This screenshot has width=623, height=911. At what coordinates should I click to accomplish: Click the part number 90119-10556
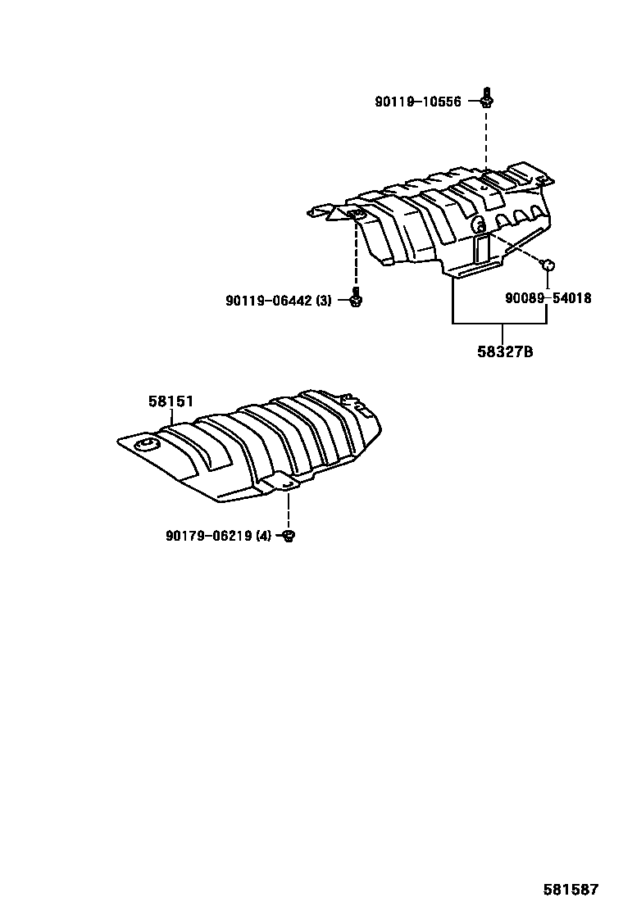(418, 102)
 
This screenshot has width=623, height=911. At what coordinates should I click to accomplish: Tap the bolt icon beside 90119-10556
(487, 99)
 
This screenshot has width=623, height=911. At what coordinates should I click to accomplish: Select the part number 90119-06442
(269, 301)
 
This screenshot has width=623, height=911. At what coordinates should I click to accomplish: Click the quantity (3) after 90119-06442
(324, 301)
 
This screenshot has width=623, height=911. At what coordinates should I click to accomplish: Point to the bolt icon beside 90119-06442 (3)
(356, 299)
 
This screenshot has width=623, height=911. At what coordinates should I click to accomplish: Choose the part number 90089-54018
(548, 298)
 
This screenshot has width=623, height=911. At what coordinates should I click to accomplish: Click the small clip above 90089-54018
(547, 263)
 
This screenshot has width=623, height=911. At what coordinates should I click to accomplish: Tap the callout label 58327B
(505, 353)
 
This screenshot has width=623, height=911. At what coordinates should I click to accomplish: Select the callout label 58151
(171, 401)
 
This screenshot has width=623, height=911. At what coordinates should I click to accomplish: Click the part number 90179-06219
(209, 536)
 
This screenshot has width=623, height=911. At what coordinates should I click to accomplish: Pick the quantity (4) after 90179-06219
(263, 536)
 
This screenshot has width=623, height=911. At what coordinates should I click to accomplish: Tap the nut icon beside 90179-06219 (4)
(289, 536)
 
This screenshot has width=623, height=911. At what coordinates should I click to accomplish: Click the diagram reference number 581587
(571, 889)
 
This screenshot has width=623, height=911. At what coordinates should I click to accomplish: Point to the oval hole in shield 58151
(147, 445)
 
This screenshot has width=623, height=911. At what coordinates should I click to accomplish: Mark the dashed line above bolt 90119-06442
(356, 254)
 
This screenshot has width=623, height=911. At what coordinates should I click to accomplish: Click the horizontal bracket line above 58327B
(500, 324)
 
